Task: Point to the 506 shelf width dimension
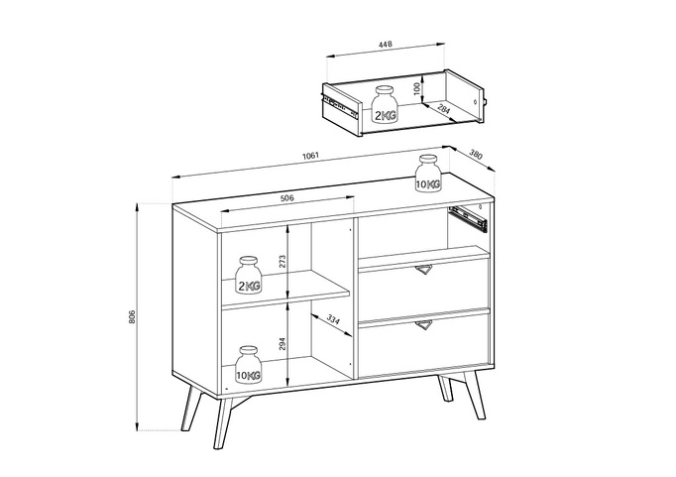point(287,198)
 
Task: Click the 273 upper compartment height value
point(282,262)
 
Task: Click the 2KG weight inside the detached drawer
point(385,105)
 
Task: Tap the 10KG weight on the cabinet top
point(428,174)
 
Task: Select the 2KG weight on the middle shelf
point(248,278)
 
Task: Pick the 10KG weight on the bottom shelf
point(248,365)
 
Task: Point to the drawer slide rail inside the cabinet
point(467,215)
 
